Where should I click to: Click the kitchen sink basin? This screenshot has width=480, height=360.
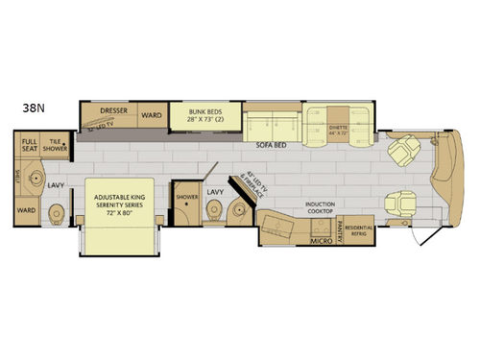tap(278, 228)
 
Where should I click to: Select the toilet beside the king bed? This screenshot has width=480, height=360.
tap(57, 212)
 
